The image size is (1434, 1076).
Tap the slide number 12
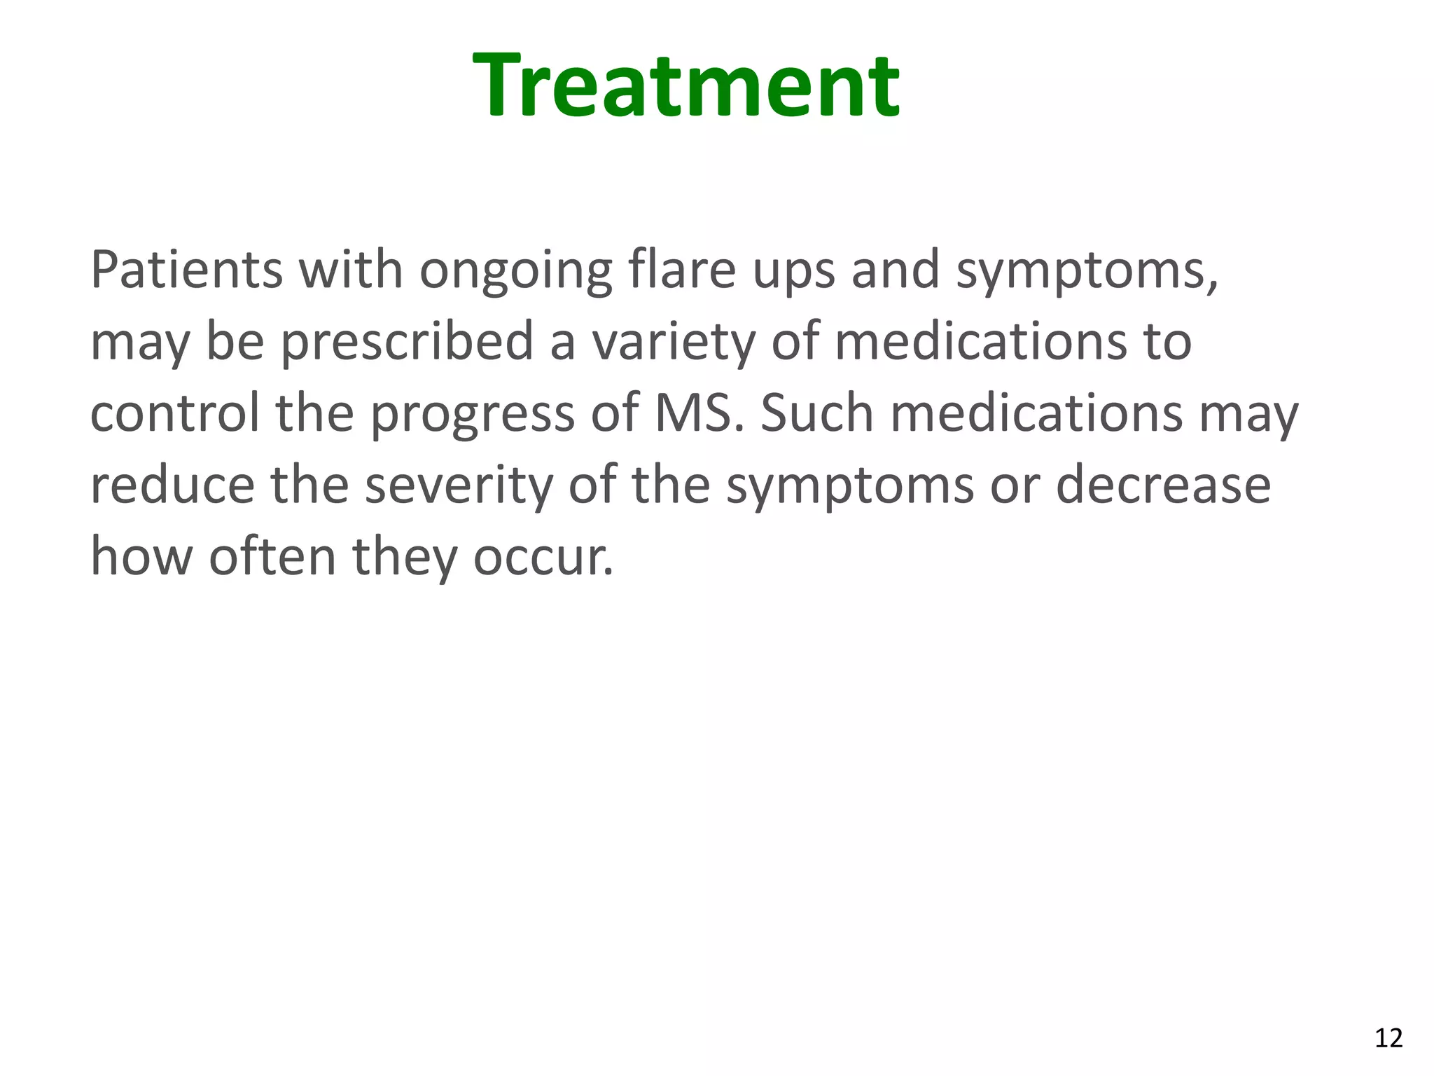[1388, 1037]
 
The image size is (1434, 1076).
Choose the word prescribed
[408, 343]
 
